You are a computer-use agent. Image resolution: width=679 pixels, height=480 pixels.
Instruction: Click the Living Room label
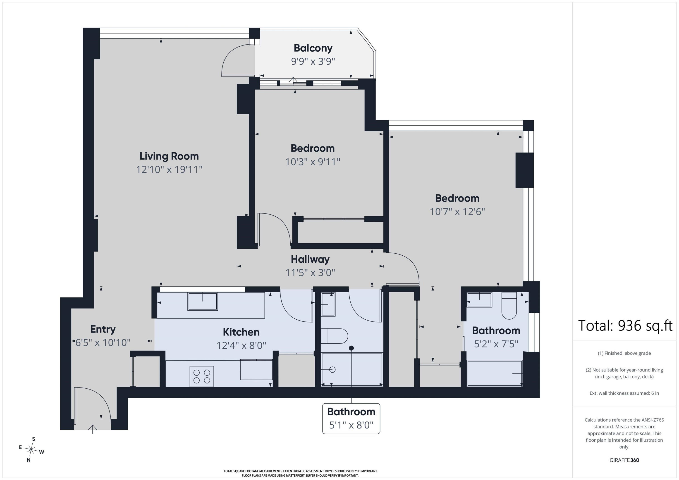pyautogui.click(x=169, y=156)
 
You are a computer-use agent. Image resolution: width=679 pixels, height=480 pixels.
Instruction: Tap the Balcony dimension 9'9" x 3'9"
pyautogui.click(x=313, y=62)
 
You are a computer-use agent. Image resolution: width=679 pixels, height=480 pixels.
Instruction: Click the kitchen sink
pyautogui.click(x=203, y=302)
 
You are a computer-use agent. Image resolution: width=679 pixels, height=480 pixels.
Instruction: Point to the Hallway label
pyautogui.click(x=310, y=259)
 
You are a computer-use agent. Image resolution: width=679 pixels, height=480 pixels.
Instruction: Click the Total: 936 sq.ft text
pyautogui.click(x=625, y=326)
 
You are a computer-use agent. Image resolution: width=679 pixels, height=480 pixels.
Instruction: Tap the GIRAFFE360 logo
pyautogui.click(x=624, y=460)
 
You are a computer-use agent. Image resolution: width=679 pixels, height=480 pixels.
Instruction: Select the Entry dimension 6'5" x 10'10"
pyautogui.click(x=103, y=342)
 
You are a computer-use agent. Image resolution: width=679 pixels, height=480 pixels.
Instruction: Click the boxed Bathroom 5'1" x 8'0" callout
pyautogui.click(x=351, y=418)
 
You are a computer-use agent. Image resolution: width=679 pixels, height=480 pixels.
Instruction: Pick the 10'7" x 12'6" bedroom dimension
pyautogui.click(x=457, y=212)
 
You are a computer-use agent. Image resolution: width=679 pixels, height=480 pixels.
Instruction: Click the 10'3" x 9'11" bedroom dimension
pyautogui.click(x=313, y=162)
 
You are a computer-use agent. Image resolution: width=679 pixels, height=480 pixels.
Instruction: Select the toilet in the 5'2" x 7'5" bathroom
pyautogui.click(x=509, y=306)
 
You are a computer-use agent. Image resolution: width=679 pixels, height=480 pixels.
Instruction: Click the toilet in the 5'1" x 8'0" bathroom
pyautogui.click(x=334, y=336)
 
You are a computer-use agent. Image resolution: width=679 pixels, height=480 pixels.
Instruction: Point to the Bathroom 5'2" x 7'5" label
pyautogui.click(x=496, y=337)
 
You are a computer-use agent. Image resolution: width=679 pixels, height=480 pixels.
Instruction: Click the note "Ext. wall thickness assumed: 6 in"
pyautogui.click(x=624, y=393)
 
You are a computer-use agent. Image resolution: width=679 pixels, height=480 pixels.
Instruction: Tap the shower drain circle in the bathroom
pyautogui.click(x=332, y=369)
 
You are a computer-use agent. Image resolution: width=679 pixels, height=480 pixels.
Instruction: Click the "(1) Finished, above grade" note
pyautogui.click(x=624, y=353)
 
